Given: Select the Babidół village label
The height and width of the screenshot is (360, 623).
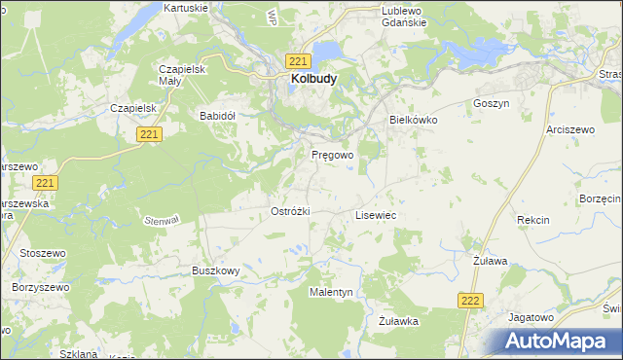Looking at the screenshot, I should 218,115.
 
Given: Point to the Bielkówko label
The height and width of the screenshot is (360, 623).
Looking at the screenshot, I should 414,119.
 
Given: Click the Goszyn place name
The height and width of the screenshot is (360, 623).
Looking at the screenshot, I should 491,103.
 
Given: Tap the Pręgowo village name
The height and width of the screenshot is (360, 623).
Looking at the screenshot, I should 332,155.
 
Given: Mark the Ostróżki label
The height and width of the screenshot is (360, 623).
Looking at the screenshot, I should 289,211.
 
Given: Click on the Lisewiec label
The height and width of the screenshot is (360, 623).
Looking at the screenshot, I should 375,214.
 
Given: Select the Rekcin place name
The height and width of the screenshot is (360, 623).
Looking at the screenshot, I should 533,220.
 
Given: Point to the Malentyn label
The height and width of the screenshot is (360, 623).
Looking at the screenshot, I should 331,292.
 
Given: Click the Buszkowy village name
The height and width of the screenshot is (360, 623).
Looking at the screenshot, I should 215,270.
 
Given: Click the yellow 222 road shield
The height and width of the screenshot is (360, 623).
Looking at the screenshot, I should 470,302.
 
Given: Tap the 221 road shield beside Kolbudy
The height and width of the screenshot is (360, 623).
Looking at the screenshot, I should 299,59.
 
